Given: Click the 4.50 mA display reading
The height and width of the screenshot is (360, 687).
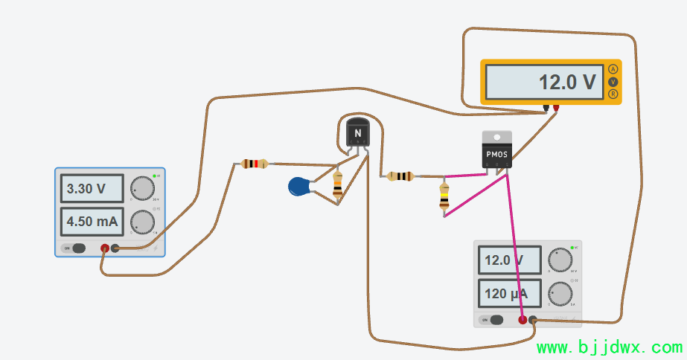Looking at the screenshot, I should coord(91,222).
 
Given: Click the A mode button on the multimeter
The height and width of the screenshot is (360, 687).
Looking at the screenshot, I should coord(613,69).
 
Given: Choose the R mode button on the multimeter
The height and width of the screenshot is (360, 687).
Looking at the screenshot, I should coord(613,94).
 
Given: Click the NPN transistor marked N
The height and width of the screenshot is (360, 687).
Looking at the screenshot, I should coord(358,135).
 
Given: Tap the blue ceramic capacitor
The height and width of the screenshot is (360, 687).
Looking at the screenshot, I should coord(300,187).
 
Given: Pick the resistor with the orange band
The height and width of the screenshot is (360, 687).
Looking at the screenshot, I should coord(338,185).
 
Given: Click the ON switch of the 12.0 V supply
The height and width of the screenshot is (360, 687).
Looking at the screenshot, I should coord(495,320).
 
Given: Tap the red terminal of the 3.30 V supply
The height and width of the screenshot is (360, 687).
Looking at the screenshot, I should coord(105,248).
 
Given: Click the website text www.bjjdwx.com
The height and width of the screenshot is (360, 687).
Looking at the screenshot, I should coord(609,347).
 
